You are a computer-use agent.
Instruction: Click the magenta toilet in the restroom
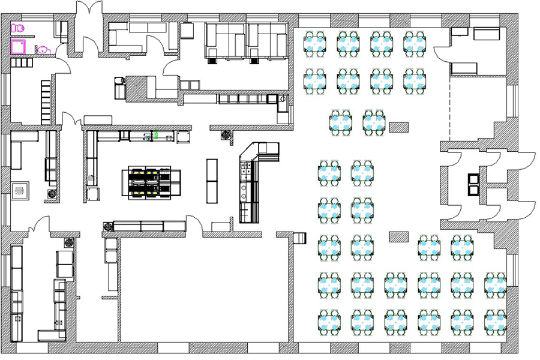tap(18, 28)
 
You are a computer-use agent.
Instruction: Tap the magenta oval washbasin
tap(43, 50)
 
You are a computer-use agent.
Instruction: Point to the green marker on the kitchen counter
tap(156, 134)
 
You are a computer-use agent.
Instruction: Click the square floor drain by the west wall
tap(20, 190)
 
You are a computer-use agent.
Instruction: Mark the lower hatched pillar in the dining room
tap(398, 236)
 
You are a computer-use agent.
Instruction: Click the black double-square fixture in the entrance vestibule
tap(474, 184)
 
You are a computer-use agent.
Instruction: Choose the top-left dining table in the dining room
tap(315, 43)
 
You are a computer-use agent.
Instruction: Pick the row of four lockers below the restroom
tap(23, 63)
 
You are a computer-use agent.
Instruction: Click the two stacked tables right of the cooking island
tap(212, 180)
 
